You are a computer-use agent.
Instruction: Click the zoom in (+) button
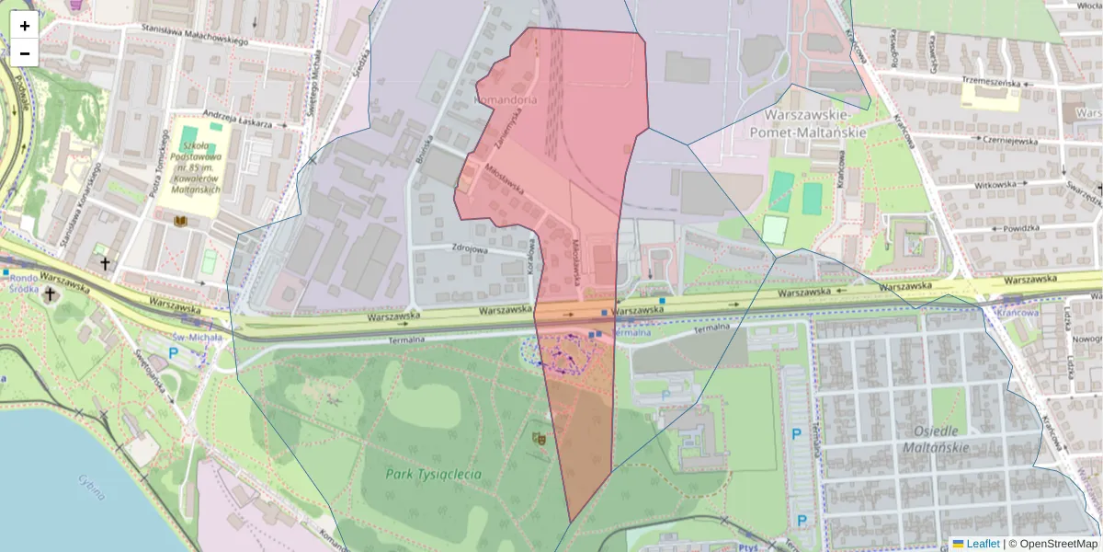click(x=25, y=26)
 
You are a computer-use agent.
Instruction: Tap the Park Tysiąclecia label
click(x=434, y=475)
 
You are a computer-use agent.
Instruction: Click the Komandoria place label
click(x=505, y=98)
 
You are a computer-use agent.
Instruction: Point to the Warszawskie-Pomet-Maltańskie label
click(x=815, y=123)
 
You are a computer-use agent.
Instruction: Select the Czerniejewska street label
click(x=1008, y=141)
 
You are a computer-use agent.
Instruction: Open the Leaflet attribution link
click(x=982, y=544)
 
